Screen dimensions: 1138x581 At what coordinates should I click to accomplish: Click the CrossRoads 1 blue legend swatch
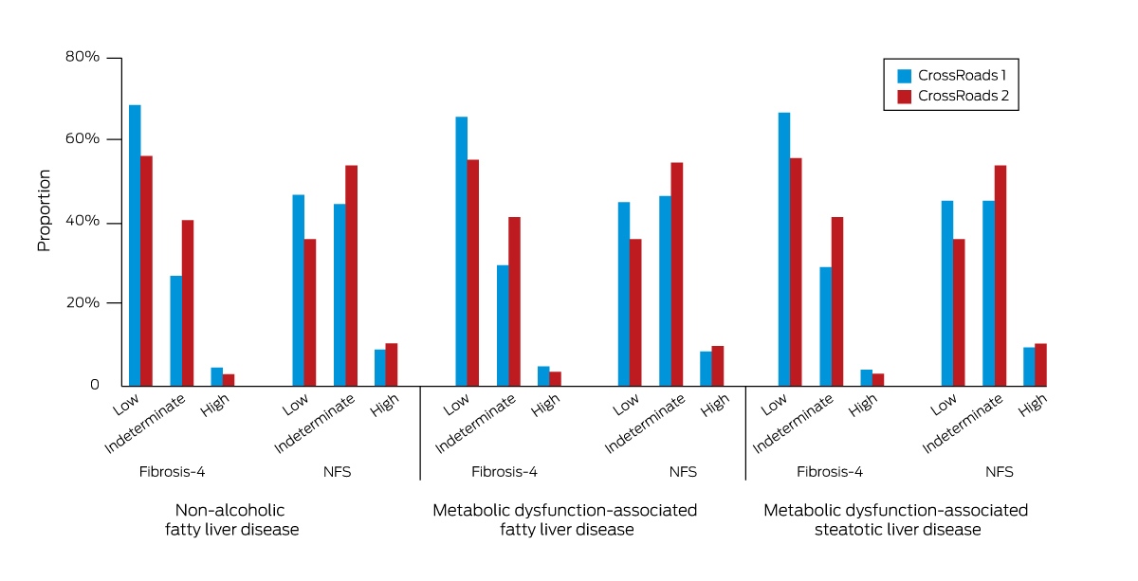pyautogui.click(x=904, y=76)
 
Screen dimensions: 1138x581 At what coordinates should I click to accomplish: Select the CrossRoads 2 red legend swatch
pyautogui.click(x=904, y=97)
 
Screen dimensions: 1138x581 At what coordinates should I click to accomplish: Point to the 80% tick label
pyautogui.click(x=83, y=56)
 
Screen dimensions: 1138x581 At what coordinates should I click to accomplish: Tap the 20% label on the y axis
pyautogui.click(x=83, y=302)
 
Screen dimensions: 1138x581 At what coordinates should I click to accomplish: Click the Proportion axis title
pyautogui.click(x=45, y=210)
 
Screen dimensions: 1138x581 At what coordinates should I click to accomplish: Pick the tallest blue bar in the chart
pyautogui.click(x=135, y=245)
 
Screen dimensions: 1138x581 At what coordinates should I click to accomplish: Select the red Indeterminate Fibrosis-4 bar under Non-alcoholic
pyautogui.click(x=188, y=303)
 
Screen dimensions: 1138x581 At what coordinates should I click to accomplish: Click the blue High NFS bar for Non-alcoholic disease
pyautogui.click(x=380, y=368)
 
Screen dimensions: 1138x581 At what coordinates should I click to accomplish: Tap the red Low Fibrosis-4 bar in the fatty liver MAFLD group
pyautogui.click(x=473, y=273)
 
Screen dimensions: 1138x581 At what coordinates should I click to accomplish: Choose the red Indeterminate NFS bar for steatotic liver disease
pyautogui.click(x=1000, y=276)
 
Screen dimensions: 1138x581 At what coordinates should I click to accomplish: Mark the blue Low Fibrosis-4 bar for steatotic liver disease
pyautogui.click(x=784, y=249)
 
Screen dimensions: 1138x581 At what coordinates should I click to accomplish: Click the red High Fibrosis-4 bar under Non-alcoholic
pyautogui.click(x=229, y=380)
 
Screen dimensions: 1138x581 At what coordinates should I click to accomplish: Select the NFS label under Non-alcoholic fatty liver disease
pyautogui.click(x=337, y=472)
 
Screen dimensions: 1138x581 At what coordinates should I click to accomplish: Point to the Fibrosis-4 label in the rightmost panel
pyautogui.click(x=830, y=472)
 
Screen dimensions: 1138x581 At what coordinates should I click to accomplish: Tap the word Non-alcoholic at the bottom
pyautogui.click(x=229, y=510)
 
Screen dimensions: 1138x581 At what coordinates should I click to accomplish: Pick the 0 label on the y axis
pyautogui.click(x=95, y=385)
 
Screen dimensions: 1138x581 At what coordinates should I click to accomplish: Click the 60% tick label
pyautogui.click(x=83, y=138)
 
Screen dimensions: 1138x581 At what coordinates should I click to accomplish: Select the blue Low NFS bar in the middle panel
pyautogui.click(x=624, y=294)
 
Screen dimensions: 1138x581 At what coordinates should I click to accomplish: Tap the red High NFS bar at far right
pyautogui.click(x=1040, y=365)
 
